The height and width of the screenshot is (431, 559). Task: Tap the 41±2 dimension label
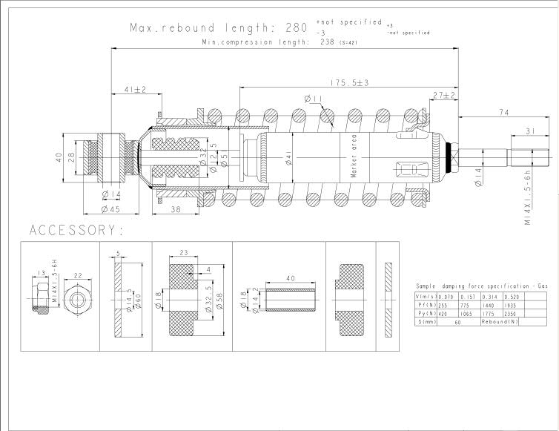(135, 90)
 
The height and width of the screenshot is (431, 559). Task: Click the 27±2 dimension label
(443, 95)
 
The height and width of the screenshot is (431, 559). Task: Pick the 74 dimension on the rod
(503, 112)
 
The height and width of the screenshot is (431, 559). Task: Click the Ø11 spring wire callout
(311, 99)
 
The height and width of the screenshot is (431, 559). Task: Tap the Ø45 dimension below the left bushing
(110, 209)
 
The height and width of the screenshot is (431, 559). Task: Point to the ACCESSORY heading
(77, 231)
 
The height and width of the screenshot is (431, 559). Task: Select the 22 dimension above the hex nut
(77, 275)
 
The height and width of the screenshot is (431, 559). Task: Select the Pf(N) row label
(426, 305)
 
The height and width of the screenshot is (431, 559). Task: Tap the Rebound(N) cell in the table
(499, 321)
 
